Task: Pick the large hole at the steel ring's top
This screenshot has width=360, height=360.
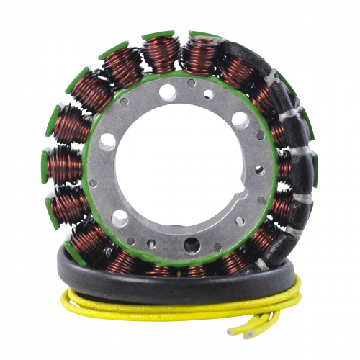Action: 167,91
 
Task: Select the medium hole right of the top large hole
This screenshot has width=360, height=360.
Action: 208,94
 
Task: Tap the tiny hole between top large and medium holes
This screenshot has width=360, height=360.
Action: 191,83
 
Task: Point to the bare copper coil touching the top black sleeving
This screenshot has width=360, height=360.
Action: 202,54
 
